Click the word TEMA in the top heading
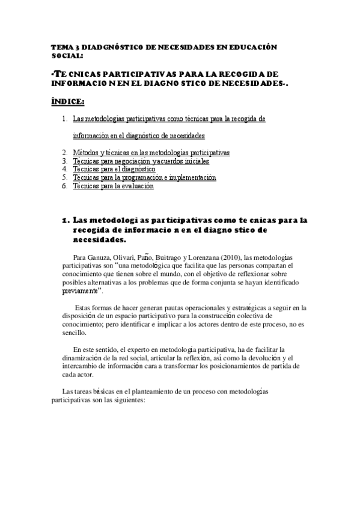click(61, 46)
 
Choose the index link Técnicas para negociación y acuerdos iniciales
click(137, 161)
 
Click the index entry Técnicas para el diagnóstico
click(114, 170)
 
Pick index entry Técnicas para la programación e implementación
click(144, 178)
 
